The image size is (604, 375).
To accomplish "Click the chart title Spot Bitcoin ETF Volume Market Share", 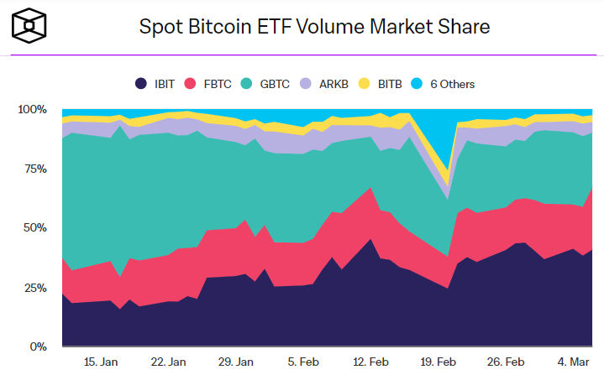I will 313,27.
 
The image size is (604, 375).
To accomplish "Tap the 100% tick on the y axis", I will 33,110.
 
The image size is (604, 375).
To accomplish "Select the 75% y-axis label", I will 35,169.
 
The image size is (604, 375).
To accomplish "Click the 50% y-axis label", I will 35,228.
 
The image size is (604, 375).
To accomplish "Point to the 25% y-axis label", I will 35,288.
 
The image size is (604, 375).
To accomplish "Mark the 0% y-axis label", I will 39,346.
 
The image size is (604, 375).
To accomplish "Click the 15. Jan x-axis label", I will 101,362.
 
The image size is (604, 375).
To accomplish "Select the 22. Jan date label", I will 168,362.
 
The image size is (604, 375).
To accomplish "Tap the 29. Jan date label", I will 236,362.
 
